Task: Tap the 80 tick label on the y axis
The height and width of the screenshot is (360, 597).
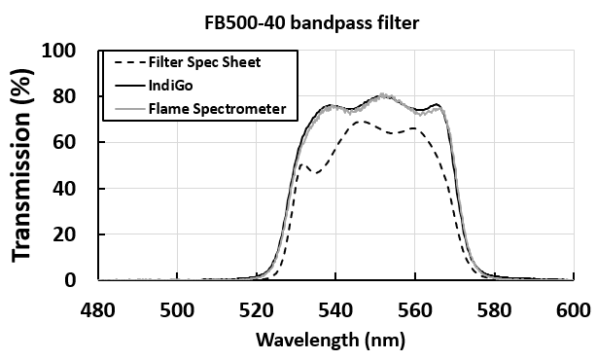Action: [73, 96]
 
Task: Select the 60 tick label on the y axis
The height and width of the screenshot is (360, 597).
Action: [73, 142]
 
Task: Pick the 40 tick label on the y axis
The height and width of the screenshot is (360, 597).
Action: [73, 188]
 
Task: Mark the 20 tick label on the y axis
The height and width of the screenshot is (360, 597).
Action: [73, 234]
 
